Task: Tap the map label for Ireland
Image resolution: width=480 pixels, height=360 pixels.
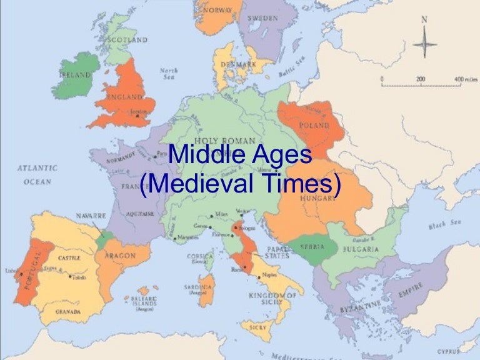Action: [75, 75]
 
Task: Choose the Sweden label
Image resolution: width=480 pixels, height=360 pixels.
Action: [263, 19]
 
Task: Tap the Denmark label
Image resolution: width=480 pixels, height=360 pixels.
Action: [241, 64]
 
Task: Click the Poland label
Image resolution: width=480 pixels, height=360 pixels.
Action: [314, 126]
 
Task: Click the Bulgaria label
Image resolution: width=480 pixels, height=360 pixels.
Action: [361, 249]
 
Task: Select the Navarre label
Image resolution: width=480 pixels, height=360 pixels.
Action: [91, 216]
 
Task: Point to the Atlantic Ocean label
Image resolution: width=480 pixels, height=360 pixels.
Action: [37, 174]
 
